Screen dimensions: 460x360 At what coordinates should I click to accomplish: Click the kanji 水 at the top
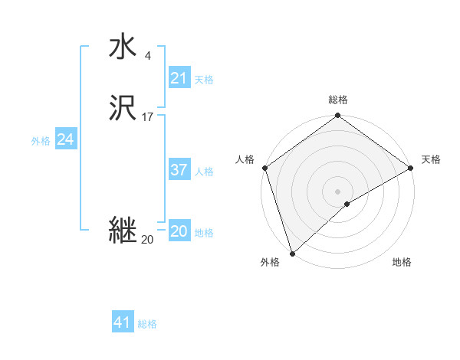[x=123, y=47]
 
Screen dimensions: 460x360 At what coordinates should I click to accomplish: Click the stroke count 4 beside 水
[x=148, y=56]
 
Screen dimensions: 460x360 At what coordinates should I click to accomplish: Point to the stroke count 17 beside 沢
[x=147, y=117]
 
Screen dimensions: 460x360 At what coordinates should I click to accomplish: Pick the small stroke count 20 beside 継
[x=147, y=240]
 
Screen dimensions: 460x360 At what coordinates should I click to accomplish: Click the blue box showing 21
[x=179, y=78]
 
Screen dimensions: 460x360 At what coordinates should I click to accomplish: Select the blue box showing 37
[x=179, y=170]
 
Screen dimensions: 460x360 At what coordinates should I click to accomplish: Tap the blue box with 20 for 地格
[x=179, y=231]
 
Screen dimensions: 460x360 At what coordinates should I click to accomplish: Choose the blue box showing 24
[x=66, y=139]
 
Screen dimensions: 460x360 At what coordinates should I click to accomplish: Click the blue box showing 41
[x=123, y=322]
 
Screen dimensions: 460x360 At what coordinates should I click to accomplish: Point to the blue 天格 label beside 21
[x=204, y=79]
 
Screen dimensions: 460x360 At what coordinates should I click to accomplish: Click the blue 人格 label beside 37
[x=204, y=171]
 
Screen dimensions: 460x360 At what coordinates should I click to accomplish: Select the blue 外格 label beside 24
[x=41, y=140]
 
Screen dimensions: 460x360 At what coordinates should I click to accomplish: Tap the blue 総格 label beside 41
[x=147, y=323]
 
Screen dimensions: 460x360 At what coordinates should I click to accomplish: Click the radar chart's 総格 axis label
[x=338, y=100]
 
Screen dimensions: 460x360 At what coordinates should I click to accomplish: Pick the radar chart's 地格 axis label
[x=402, y=262]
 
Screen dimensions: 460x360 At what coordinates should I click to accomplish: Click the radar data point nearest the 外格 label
[x=291, y=254]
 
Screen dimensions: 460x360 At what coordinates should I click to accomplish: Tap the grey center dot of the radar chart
[x=337, y=191]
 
